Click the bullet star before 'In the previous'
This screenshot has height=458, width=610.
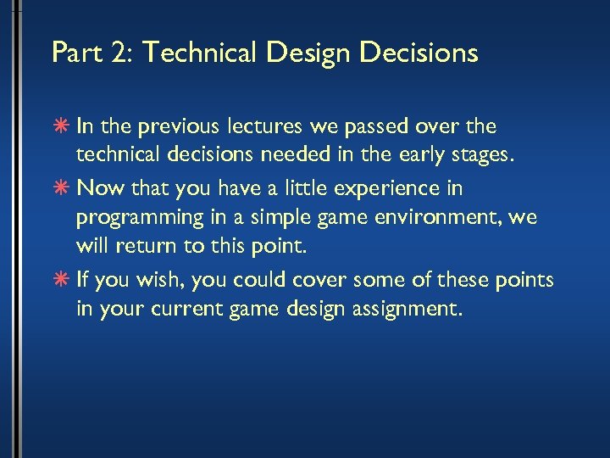[x=63, y=126]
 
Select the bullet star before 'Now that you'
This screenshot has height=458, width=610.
[x=63, y=187]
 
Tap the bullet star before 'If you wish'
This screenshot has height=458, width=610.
[x=63, y=280]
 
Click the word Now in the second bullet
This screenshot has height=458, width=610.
[x=96, y=187]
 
